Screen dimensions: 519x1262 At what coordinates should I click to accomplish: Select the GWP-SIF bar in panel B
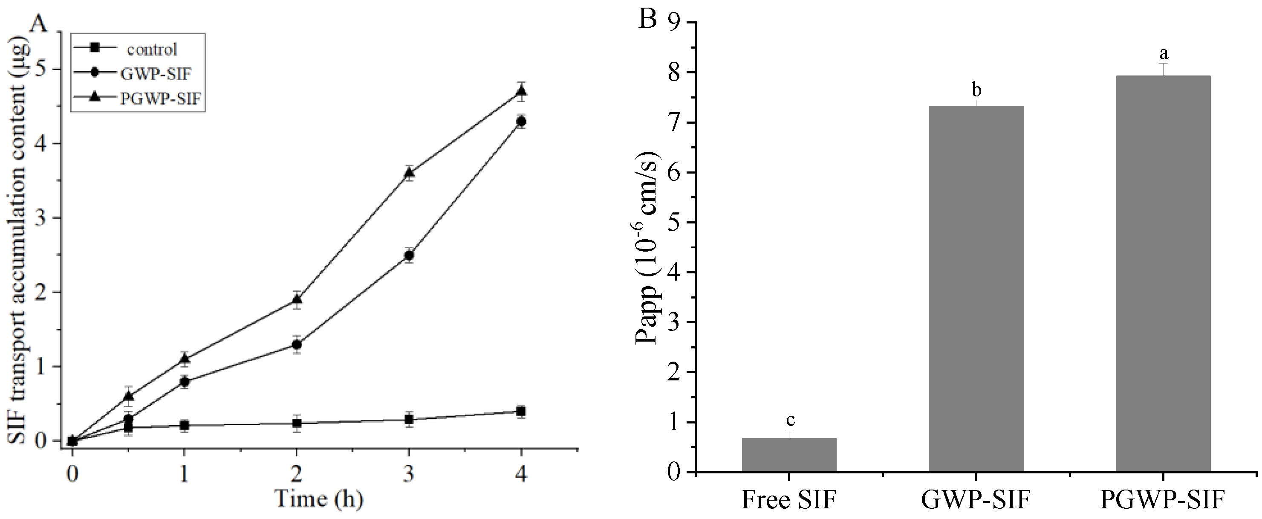[x=976, y=289]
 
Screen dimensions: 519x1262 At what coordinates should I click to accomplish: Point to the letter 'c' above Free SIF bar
[x=790, y=420]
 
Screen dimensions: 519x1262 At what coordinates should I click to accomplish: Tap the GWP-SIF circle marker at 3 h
[x=410, y=255]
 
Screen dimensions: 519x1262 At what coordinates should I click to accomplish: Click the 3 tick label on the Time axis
[x=409, y=474]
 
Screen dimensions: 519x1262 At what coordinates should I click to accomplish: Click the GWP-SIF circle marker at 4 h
[x=522, y=122]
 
